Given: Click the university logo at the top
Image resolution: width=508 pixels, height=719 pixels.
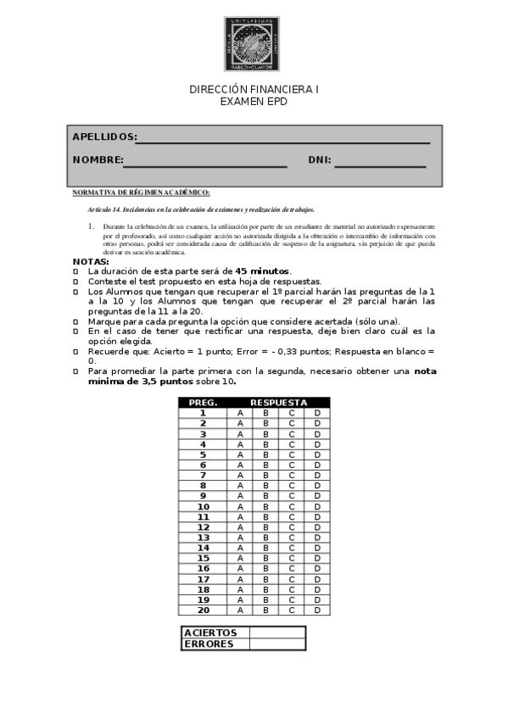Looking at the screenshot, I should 252,44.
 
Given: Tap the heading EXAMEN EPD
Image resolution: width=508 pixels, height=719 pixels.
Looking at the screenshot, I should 254,101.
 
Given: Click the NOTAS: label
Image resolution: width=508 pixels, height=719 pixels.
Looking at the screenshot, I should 90,261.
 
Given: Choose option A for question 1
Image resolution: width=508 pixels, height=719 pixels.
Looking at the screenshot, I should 240,413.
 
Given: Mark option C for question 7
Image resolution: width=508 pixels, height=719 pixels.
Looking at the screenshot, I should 292,476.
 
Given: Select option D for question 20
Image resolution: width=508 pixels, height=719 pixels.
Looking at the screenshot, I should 317,610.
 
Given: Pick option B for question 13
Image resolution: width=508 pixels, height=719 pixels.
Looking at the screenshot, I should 265,538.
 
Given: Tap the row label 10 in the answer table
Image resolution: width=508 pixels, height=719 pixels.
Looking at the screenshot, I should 204,507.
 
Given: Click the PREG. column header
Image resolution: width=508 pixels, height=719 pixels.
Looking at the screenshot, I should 204,403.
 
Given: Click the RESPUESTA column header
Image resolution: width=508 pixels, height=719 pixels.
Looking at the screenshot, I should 278,403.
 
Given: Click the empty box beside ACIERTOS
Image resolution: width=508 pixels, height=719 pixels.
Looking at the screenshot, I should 277,633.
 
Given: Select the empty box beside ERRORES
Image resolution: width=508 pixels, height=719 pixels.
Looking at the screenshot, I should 277,644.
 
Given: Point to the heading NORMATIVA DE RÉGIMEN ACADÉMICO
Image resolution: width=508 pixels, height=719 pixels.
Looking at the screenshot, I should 141,192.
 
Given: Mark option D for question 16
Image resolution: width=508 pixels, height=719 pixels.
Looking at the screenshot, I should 317,569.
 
